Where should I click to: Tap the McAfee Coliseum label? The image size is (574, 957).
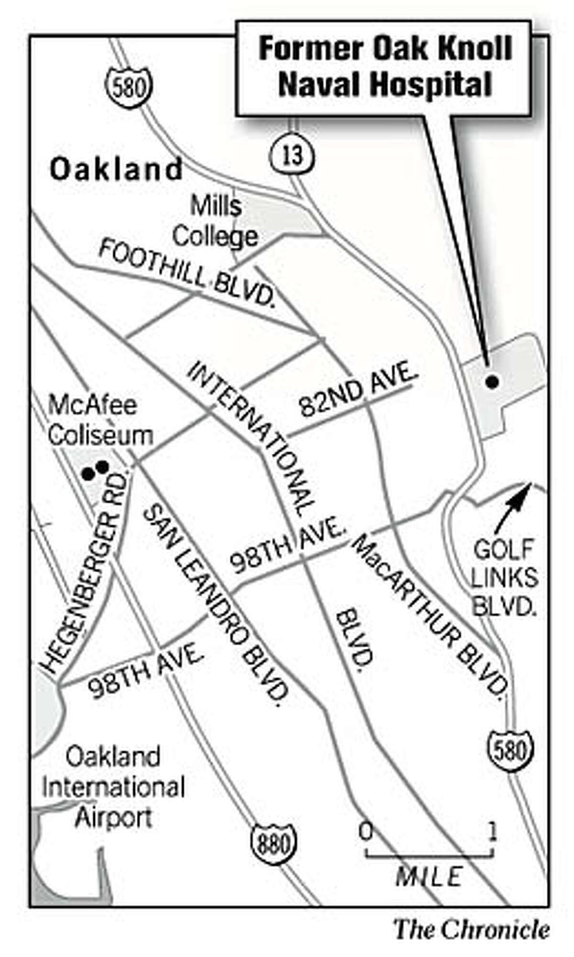100,421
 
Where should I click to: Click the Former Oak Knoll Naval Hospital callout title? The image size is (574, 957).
385,67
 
